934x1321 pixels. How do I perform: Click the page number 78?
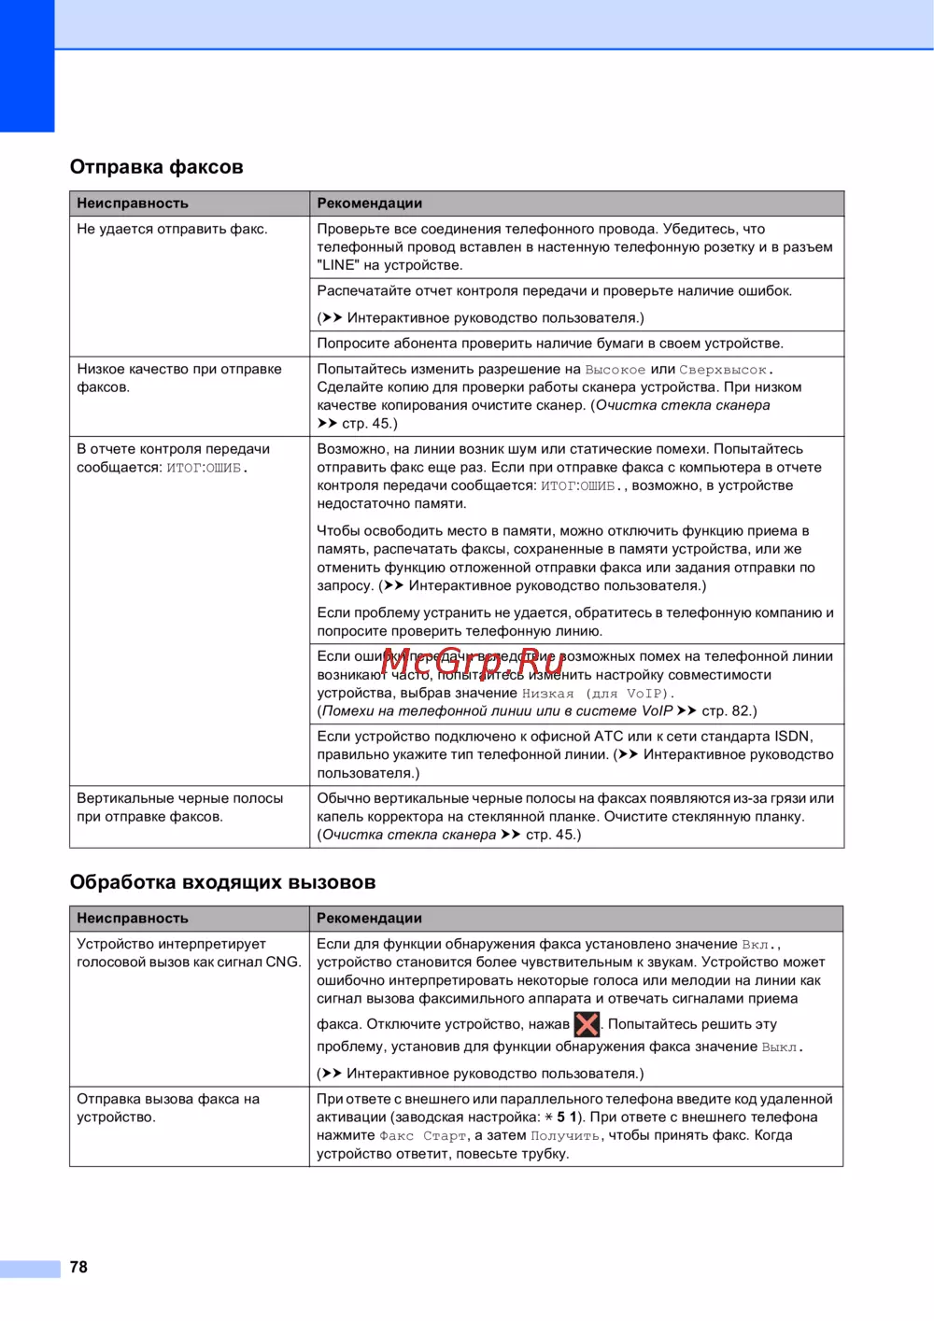(x=78, y=1267)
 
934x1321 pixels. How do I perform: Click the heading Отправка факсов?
(x=156, y=167)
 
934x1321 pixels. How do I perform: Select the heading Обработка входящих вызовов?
(x=222, y=882)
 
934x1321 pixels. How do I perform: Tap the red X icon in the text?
(x=587, y=1024)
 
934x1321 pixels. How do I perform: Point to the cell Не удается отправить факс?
(x=172, y=229)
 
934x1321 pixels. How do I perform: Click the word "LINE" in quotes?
(x=338, y=265)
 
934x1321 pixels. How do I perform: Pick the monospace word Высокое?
(x=615, y=370)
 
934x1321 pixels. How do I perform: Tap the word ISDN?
(x=792, y=737)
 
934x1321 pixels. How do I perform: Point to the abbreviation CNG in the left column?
(x=282, y=963)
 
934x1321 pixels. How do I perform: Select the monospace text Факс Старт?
(x=422, y=1136)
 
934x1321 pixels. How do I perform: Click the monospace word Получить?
(x=566, y=1136)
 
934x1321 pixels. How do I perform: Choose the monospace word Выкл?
(x=781, y=1047)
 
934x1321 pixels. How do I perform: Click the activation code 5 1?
(x=568, y=1117)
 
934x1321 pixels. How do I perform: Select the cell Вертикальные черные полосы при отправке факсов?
(x=179, y=808)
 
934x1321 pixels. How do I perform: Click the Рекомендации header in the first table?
(x=370, y=204)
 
